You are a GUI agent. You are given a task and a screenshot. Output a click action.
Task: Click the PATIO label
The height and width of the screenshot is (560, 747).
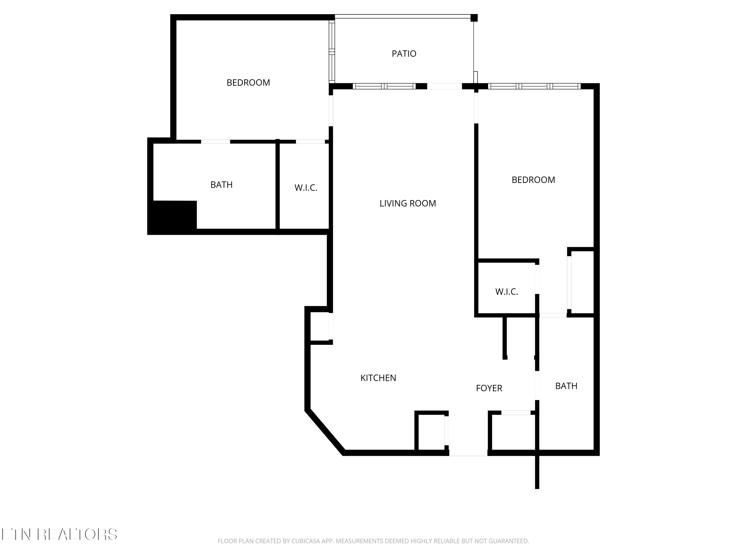[x=404, y=54]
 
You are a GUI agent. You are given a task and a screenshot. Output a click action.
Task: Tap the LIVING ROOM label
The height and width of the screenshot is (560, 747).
[x=408, y=203]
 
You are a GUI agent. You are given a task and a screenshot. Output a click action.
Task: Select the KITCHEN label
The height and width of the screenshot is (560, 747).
[x=378, y=378]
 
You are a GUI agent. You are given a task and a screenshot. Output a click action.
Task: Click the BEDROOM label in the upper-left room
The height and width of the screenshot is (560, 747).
[x=248, y=83]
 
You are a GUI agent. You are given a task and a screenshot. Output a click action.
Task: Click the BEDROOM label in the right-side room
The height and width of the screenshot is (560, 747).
[x=533, y=180]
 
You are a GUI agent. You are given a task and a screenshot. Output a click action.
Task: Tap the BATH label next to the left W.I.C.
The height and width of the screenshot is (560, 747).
[x=222, y=185]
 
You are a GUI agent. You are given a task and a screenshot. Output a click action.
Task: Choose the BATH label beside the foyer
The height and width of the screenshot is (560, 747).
[x=566, y=386]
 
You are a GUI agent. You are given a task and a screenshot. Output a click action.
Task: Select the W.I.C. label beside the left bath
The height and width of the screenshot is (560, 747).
[x=306, y=188]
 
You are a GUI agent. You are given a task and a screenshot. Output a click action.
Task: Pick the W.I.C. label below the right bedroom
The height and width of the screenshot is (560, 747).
[x=506, y=292]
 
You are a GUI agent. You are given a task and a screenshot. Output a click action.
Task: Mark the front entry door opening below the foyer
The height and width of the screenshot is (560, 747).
[x=468, y=453]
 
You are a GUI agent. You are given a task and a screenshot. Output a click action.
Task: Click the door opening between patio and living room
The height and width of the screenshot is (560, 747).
[x=444, y=86]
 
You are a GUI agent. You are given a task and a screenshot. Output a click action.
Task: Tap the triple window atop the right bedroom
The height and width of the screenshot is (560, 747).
[x=534, y=86]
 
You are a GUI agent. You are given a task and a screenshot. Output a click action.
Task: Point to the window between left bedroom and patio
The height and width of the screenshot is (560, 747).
[x=332, y=52]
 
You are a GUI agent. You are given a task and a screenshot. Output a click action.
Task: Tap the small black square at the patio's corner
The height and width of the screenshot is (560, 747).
[x=474, y=18]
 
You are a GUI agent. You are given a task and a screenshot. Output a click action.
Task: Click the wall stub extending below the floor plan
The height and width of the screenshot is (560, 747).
[x=537, y=473]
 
